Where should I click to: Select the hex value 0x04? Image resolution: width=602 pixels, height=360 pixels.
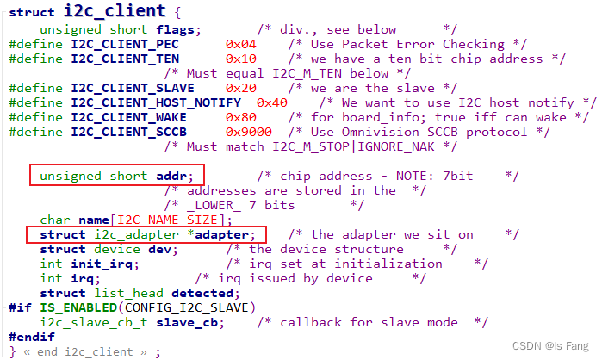(x=240, y=43)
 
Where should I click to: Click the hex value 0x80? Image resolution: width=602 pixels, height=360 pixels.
(x=240, y=117)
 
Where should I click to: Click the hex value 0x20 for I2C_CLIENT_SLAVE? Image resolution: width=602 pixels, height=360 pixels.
(x=240, y=88)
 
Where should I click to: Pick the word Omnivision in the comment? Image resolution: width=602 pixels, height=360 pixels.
(x=400, y=132)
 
